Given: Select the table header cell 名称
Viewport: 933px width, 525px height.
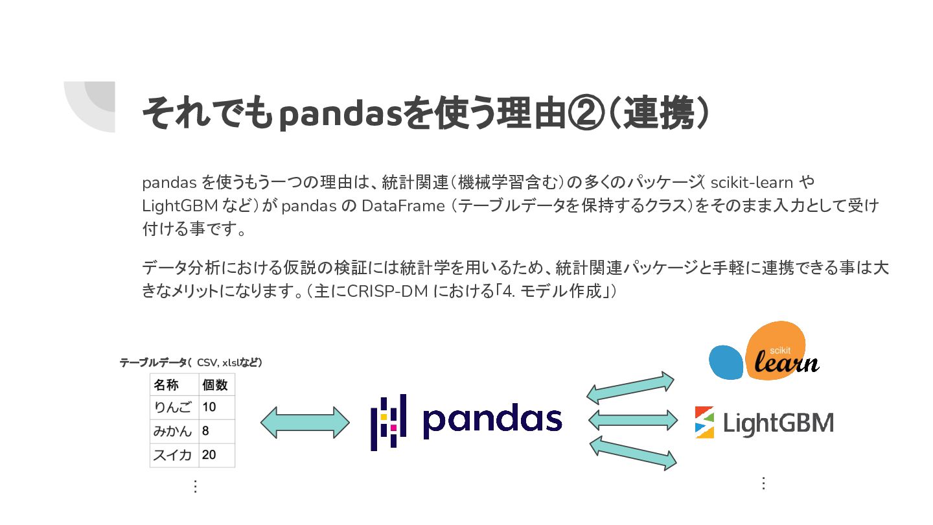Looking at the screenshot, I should coord(166,384).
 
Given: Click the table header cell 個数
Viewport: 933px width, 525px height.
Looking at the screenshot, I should coord(215,384).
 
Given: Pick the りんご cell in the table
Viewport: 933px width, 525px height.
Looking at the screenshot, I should coord(173,408).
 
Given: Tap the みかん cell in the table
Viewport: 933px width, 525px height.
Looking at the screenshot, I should coord(173,431).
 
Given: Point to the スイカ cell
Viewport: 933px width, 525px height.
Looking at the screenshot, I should coord(173,455).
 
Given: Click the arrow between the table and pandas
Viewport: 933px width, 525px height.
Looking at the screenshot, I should coord(305,422).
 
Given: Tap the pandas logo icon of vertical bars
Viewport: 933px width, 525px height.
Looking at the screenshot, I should coord(388,422).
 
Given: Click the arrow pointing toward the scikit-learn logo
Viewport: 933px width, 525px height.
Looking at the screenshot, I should coord(630,388).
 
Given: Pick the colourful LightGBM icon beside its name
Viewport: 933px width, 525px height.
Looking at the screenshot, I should coord(704,422).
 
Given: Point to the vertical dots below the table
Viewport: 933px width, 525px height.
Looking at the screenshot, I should coord(195,486).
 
